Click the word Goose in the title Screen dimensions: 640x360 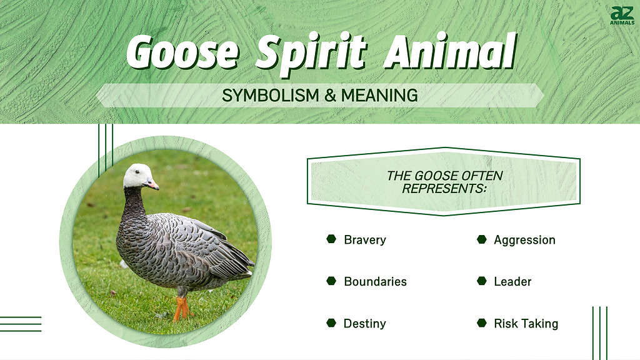pos(182,52)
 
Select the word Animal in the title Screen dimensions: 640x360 pos(450,51)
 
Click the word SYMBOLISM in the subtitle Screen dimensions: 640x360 pos(271,96)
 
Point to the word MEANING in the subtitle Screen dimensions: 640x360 pos(379,96)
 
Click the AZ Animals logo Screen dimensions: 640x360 pos(622,16)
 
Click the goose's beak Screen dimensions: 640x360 pos(152,184)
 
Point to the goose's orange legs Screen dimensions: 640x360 pos(181,308)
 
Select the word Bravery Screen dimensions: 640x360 pos(365,240)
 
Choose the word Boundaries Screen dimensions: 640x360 pos(375,282)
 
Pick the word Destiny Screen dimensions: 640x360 pos(364,324)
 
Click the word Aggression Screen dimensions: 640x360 pos(524,240)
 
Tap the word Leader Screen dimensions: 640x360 pos(512,282)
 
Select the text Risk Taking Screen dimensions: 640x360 pos(526,324)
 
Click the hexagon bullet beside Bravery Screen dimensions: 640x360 pos(331,239)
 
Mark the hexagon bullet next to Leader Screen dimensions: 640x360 pos(482,281)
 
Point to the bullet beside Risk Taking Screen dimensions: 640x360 pos(482,323)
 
